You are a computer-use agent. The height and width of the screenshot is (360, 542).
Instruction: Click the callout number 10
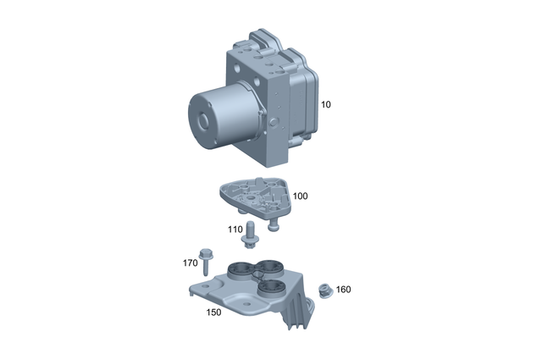[325, 104]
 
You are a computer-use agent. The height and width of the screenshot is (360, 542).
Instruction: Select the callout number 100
[301, 196]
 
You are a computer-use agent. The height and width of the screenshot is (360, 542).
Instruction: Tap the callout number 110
[235, 229]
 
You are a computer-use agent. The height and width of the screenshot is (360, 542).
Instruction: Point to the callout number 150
[215, 311]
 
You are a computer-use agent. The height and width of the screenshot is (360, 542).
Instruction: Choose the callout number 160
[343, 290]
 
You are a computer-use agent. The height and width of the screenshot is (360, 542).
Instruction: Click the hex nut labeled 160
[324, 291]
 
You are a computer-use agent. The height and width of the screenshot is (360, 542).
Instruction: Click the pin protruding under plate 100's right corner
[274, 224]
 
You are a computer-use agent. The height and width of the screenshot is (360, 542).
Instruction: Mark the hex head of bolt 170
[205, 252]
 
